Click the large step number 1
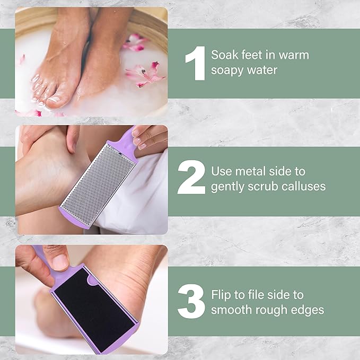pyautogui.click(x=195, y=63)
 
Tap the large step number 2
pyautogui.click(x=191, y=179)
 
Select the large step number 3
pyautogui.click(x=191, y=302)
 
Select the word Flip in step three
pyautogui.click(x=221, y=295)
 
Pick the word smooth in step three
pyautogui.click(x=231, y=310)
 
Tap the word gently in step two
pyautogui.click(x=230, y=187)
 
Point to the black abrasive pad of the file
pyautogui.click(x=93, y=302)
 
